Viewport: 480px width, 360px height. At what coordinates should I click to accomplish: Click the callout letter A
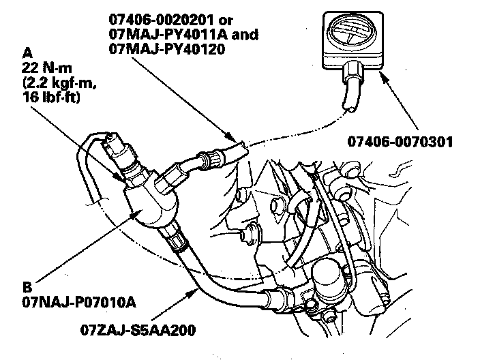pos(27,51)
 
